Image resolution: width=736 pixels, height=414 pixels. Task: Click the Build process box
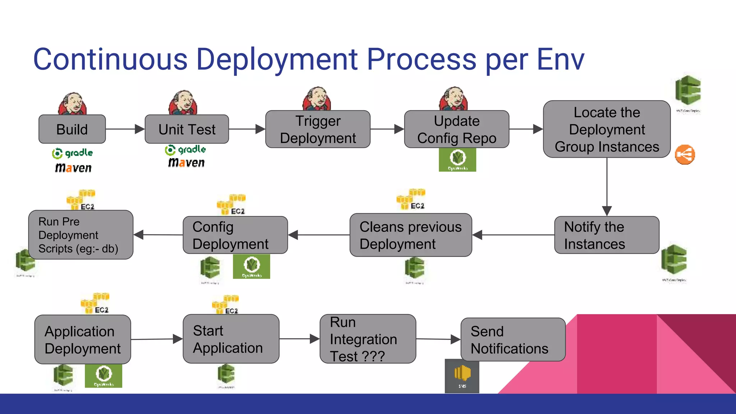coord(72,129)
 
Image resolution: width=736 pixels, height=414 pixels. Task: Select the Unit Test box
coord(187,129)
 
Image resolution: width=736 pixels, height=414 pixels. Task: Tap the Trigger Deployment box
coord(318,129)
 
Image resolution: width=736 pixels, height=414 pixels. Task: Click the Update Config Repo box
coord(456,129)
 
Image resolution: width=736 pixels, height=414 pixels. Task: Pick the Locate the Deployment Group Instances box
coord(607,129)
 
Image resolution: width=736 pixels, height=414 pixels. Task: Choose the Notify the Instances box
coord(607,235)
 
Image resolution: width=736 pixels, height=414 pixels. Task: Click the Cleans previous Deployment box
coord(410,235)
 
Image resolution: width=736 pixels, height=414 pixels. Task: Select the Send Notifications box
coord(513,340)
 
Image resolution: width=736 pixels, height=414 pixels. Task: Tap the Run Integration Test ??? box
coord(368,339)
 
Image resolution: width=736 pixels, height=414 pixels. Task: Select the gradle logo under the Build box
coord(73,153)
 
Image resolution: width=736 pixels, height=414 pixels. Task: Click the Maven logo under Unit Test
coord(186,163)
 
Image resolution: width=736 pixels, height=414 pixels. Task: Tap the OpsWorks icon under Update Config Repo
coord(457,160)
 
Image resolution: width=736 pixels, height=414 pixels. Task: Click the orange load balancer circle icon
coord(685,155)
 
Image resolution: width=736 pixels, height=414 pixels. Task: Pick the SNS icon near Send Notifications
coord(462,376)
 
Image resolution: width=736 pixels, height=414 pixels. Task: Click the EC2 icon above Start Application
coord(225,305)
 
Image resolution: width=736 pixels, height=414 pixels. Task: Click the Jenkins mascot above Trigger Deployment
coord(317,98)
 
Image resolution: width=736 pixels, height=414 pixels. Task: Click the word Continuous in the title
coord(110,59)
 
